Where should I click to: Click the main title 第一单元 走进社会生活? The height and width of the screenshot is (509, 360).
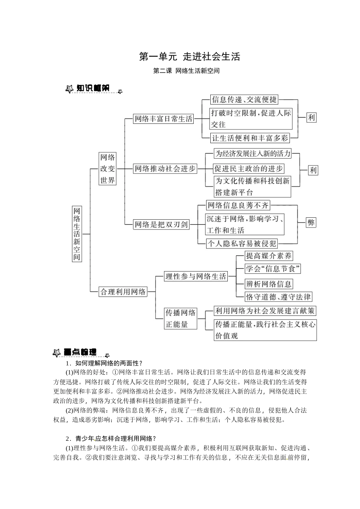[189, 57]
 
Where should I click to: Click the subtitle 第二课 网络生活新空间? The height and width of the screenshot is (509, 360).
[186, 71]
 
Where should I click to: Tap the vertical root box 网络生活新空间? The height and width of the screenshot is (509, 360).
[77, 234]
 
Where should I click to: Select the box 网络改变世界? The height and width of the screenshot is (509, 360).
[107, 169]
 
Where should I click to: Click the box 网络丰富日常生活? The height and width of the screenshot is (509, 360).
[163, 119]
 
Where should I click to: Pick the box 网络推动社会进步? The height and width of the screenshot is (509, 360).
[165, 169]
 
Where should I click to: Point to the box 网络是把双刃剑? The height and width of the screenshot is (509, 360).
[161, 225]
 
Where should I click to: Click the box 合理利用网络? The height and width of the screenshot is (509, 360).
[123, 292]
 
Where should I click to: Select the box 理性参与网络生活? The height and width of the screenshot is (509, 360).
[196, 276]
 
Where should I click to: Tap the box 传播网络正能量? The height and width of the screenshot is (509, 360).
[181, 319]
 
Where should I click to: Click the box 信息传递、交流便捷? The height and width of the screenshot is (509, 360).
[244, 100]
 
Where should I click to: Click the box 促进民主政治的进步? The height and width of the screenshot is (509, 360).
[249, 169]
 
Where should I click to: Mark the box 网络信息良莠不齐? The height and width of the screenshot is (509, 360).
[238, 205]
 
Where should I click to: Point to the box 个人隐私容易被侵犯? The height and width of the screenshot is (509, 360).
[242, 244]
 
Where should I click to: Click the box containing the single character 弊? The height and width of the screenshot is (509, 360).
[311, 223]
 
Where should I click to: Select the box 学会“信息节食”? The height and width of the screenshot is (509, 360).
[273, 269]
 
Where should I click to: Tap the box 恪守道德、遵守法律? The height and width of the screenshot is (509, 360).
[278, 297]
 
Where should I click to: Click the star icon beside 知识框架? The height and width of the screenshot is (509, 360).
[69, 89]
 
